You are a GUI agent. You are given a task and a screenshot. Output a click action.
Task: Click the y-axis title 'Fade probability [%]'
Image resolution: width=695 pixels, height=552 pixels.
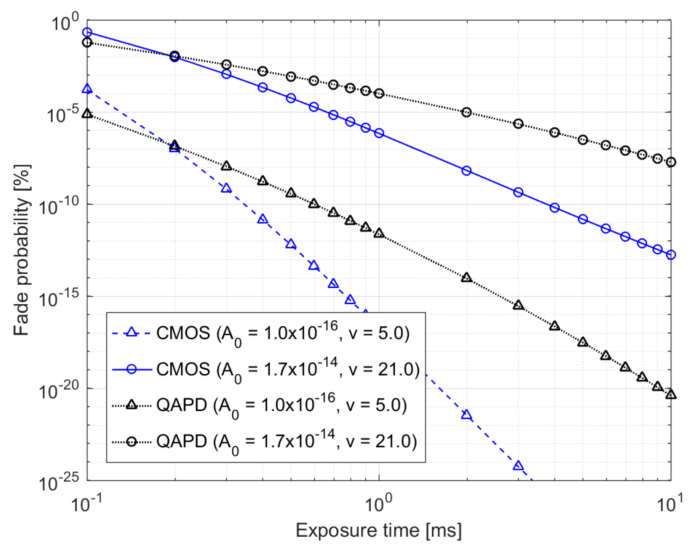pyautogui.click(x=22, y=251)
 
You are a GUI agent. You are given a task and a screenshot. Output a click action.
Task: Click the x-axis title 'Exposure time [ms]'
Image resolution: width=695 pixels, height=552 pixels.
pyautogui.click(x=379, y=530)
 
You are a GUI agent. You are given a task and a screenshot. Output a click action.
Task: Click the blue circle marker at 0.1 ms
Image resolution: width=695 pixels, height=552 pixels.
pyautogui.click(x=87, y=32)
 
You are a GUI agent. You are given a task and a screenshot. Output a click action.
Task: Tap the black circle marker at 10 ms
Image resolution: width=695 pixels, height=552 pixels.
pyautogui.click(x=671, y=162)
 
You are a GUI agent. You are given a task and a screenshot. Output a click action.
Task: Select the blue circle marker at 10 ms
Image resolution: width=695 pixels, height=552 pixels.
pyautogui.click(x=671, y=255)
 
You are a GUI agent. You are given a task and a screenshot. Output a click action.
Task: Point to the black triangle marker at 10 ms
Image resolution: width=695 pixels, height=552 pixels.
pyautogui.click(x=671, y=394)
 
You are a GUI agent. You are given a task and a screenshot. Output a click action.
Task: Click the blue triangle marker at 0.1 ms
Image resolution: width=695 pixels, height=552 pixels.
pyautogui.click(x=87, y=88)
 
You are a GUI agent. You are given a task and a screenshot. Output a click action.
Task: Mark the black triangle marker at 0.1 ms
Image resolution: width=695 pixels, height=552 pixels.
pyautogui.click(x=87, y=113)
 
